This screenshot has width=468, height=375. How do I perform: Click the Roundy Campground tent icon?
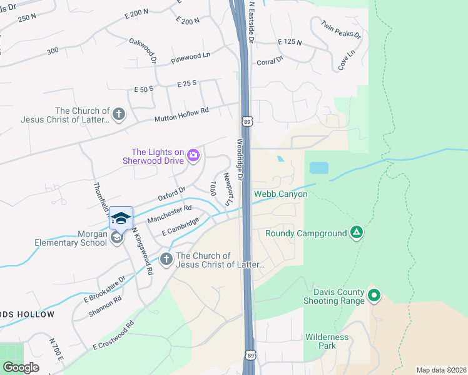point(356,233)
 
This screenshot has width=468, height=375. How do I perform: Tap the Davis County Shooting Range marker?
point(374,295)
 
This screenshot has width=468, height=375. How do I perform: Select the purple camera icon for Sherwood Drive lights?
point(193,155)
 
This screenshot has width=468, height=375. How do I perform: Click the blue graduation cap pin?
point(121,218)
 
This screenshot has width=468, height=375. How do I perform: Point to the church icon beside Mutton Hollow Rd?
point(119,114)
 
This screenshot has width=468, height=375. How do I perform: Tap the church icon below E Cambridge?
point(166,259)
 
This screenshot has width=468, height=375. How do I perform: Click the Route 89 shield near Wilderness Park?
point(250,354)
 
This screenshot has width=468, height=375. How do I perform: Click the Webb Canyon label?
point(280,194)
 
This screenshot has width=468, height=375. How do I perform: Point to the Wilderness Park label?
point(327,341)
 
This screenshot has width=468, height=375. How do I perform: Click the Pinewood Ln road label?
point(190,60)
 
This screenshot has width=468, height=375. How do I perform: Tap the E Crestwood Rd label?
point(113,335)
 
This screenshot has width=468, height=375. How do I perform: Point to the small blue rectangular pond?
point(318,167)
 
